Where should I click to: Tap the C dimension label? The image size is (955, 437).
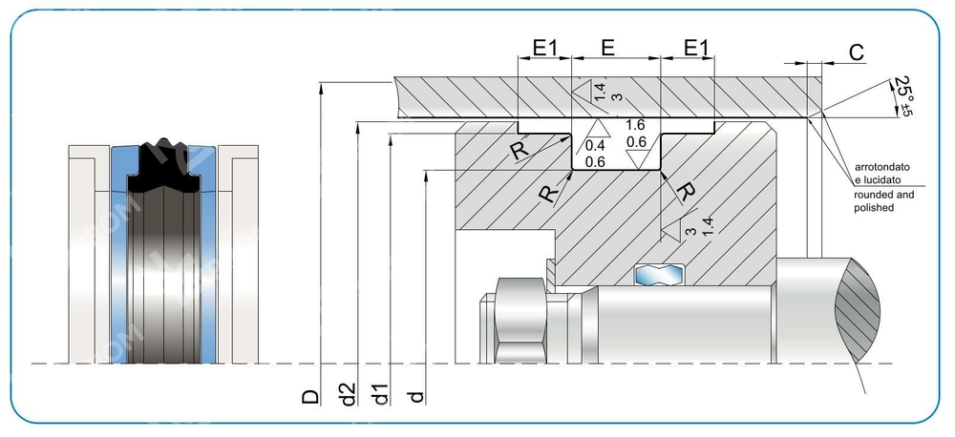point(856,52)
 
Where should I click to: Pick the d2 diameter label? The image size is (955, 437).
point(349,394)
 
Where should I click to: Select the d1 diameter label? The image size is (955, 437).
point(381,394)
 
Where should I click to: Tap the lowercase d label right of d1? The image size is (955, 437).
point(415,394)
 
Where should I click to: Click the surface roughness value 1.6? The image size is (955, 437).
point(635,125)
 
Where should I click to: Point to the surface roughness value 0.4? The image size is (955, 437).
point(595,146)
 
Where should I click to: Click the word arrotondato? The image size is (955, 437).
point(881,167)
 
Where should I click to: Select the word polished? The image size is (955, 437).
point(874,207)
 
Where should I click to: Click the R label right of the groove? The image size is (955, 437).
point(685,192)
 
